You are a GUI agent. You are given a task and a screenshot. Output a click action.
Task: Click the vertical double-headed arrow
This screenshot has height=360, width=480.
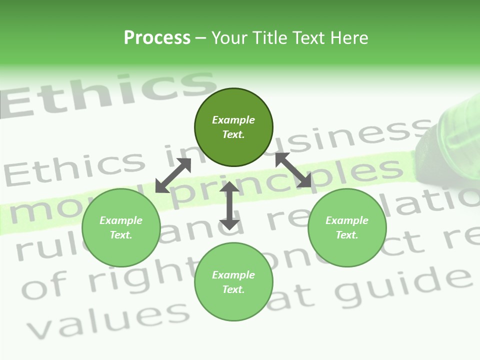[229, 205]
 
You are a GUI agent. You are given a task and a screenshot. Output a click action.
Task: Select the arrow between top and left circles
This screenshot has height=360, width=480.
[173, 175]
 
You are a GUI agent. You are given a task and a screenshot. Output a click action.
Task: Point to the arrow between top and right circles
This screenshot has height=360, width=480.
[293, 170]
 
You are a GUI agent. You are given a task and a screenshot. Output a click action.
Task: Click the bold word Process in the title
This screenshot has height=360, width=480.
[157, 37]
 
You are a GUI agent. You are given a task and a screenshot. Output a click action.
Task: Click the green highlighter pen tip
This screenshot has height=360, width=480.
[440, 150]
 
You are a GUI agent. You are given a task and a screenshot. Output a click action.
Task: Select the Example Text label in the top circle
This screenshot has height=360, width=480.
[233, 127]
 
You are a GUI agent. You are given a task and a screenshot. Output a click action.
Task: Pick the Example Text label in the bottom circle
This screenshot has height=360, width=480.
[233, 282]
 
